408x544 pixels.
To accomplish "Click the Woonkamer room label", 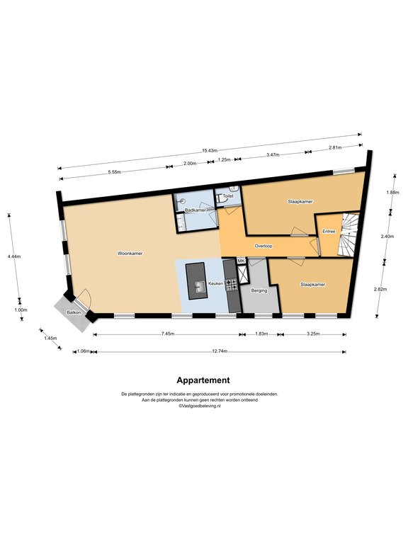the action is point(130,254).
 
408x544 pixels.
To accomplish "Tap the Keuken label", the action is point(215,283).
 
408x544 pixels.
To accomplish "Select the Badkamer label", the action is point(195,210).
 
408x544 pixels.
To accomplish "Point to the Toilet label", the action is point(228,196).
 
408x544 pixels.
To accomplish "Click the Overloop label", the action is point(263,246).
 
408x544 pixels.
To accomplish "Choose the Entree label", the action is point(329,231).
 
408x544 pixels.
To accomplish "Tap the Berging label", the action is point(259,290).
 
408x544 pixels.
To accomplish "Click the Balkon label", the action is point(74,312).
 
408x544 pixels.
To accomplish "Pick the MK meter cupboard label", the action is point(241,261).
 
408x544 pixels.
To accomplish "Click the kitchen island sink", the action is point(200,287).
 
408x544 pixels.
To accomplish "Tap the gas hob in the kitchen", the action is point(232,285).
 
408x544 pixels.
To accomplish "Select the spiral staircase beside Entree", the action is point(349,234).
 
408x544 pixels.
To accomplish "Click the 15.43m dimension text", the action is point(210,151).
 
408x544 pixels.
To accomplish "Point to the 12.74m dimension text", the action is point(220,351).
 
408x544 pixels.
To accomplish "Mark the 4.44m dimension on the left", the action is point(14,256).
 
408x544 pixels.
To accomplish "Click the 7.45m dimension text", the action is point(168,334).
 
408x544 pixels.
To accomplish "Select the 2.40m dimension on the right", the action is point(387,237).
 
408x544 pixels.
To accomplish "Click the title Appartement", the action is point(203,380).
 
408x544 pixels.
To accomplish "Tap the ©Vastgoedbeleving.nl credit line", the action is point(200,406).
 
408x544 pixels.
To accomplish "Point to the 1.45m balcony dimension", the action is point(51,338).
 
